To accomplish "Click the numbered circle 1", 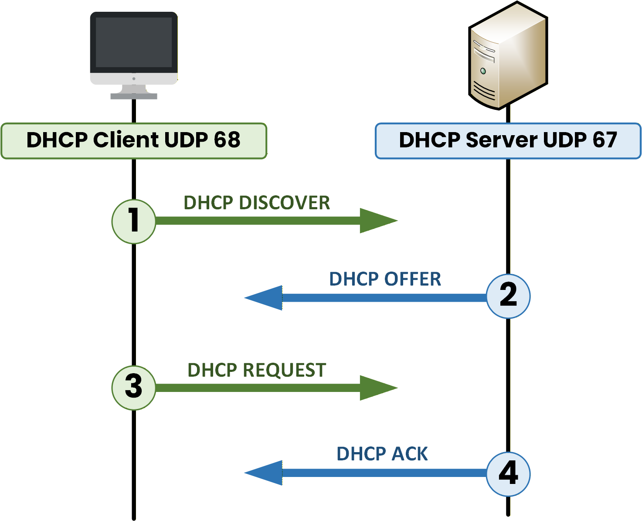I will [x=134, y=221].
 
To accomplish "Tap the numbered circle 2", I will [x=508, y=296].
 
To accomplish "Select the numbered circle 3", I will [x=134, y=388].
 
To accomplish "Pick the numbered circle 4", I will [x=508, y=474].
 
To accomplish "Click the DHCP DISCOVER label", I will [x=257, y=203].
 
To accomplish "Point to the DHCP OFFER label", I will [x=385, y=279].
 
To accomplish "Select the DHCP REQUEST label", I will [x=257, y=370].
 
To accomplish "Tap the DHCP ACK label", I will [x=382, y=454].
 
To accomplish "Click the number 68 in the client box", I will [x=227, y=140].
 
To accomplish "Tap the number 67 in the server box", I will [x=604, y=140].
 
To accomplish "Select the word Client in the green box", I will [x=126, y=140].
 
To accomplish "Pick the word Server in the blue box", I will [x=502, y=140].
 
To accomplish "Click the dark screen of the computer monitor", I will [x=134, y=42].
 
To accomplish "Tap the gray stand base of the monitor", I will [x=134, y=96].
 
